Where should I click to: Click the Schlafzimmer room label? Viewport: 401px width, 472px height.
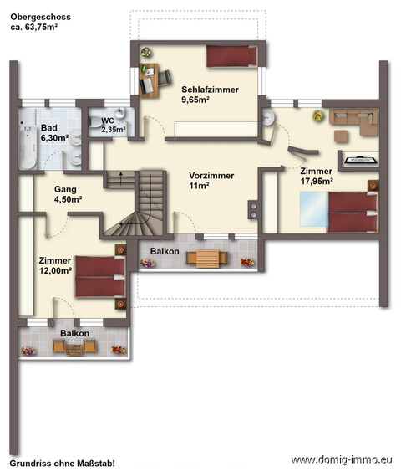click(x=211, y=90)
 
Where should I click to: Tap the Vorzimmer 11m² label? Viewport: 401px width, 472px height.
click(x=211, y=180)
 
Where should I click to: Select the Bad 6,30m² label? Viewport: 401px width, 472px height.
click(x=54, y=133)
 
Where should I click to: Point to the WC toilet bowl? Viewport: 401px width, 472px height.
click(x=95, y=121)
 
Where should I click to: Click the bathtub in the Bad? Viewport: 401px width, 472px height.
click(x=28, y=147)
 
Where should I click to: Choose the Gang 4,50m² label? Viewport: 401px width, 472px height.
click(x=68, y=194)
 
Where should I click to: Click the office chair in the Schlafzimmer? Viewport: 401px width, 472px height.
click(x=165, y=78)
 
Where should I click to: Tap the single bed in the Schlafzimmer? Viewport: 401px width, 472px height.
click(x=231, y=56)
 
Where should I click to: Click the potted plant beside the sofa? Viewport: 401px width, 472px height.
click(x=318, y=115)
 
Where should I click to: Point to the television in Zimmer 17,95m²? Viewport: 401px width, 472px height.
click(x=359, y=160)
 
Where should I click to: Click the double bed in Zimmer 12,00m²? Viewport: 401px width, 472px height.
click(x=100, y=276)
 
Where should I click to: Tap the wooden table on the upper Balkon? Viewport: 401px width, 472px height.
click(x=207, y=259)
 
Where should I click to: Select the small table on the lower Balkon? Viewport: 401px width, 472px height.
click(x=74, y=350)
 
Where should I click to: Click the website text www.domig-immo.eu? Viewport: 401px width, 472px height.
click(x=342, y=460)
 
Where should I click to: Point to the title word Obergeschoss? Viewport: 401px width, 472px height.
click(x=41, y=17)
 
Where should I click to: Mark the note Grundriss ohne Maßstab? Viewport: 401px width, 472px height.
click(x=62, y=463)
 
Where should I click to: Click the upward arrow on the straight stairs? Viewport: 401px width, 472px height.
click(x=121, y=178)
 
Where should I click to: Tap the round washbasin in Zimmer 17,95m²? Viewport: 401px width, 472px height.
click(x=268, y=118)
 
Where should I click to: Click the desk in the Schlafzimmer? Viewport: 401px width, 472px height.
click(x=149, y=80)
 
